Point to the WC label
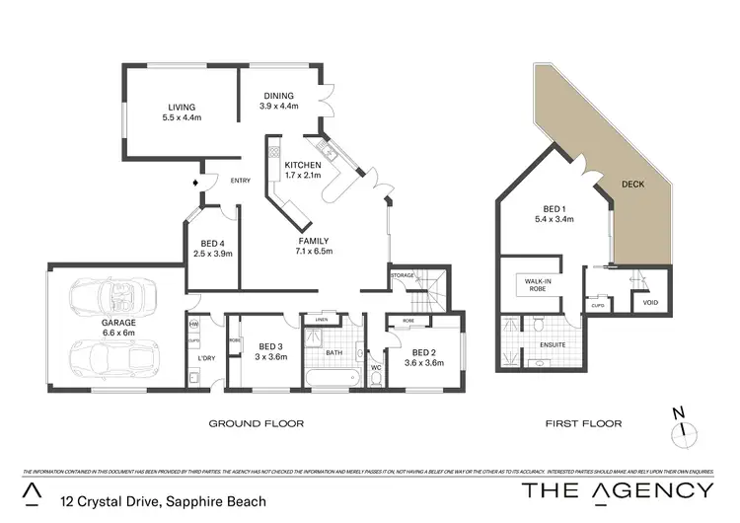pos(374,367)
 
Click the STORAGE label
pos(402,275)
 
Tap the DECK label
pos(633,184)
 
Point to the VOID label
pos(650,302)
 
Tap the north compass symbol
pos(678,425)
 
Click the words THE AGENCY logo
pos(617,490)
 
